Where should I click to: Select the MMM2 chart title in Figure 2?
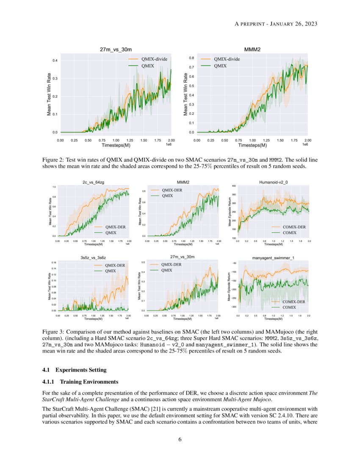pyautogui.click(x=252, y=50)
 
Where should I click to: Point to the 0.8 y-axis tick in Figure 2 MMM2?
pyautogui.click(x=191, y=58)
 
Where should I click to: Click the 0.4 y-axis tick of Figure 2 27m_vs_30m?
pyautogui.click(x=55, y=61)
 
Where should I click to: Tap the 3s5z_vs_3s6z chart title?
pyautogui.click(x=93, y=257)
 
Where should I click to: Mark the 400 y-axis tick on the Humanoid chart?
pyautogui.click(x=234, y=186)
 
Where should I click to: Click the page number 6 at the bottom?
pyautogui.click(x=180, y=439)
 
